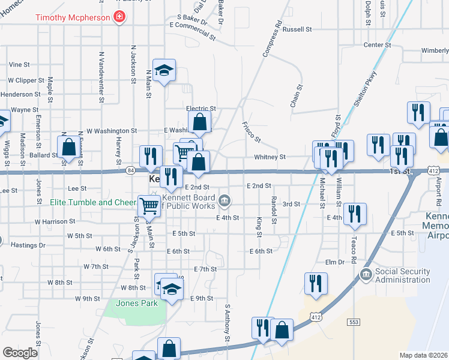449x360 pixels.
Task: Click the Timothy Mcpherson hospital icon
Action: (119, 17)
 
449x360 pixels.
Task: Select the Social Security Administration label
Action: (402, 275)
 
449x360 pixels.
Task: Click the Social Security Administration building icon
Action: (366, 275)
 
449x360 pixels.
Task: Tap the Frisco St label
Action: (251, 133)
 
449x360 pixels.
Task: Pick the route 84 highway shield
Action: (130, 171)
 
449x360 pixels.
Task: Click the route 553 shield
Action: (353, 322)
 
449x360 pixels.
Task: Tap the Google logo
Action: (20, 353)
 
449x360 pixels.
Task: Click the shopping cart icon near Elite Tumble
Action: (149, 205)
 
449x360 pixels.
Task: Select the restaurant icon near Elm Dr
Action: (315, 283)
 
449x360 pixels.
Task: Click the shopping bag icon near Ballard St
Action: (68, 146)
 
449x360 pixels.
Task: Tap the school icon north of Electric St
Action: (164, 70)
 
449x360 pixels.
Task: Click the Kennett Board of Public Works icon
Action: (224, 199)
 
